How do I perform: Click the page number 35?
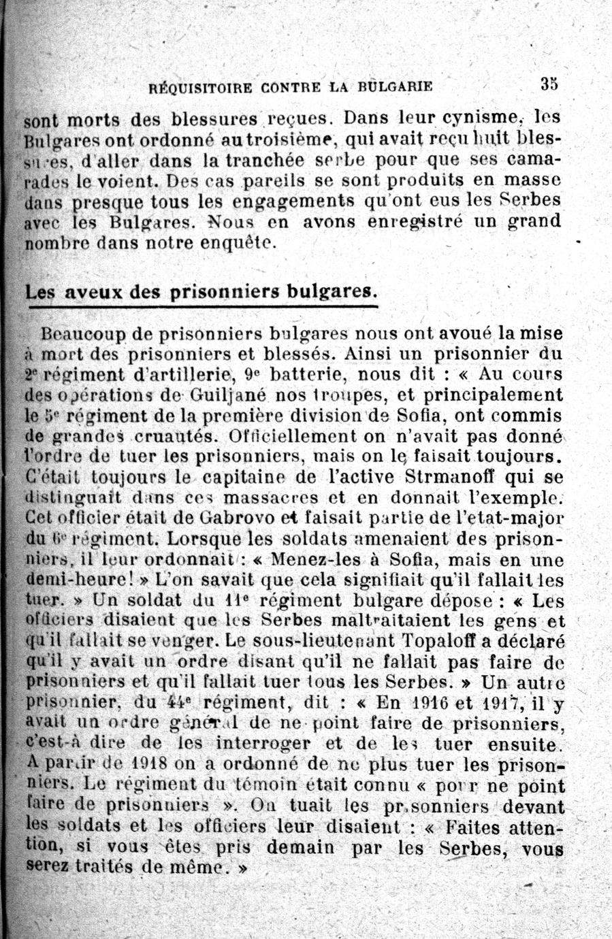click(549, 84)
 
